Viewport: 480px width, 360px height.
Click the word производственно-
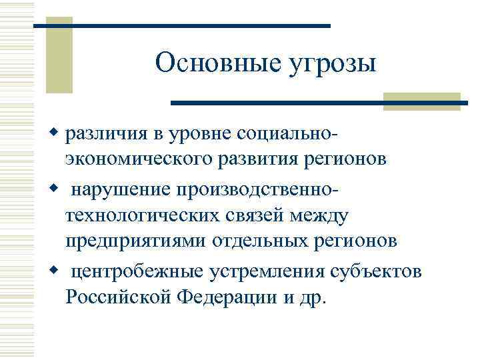(258, 191)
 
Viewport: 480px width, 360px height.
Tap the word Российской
(119, 297)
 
